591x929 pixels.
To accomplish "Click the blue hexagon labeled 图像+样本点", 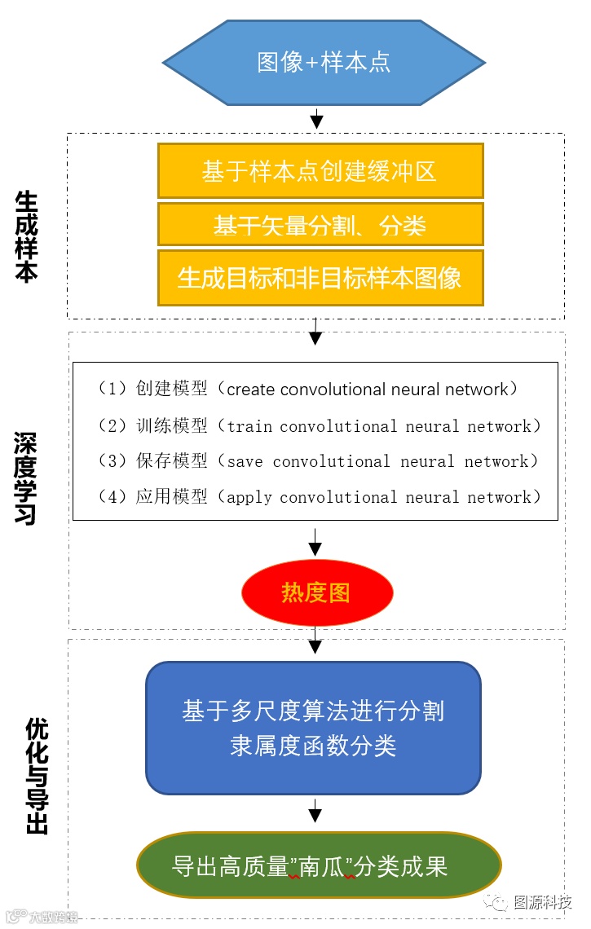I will click(x=324, y=63).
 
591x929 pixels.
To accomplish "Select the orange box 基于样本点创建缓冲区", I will click(x=320, y=171).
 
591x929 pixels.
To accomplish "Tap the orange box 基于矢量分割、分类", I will click(x=320, y=225).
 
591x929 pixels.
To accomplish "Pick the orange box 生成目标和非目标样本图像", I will click(x=320, y=278).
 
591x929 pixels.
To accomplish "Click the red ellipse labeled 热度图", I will click(x=316, y=592).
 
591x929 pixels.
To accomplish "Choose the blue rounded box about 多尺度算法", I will click(x=313, y=728).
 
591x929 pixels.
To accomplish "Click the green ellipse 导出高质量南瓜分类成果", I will click(x=318, y=865).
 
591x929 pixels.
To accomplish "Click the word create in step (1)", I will click(x=250, y=390).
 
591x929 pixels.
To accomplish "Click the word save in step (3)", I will click(x=245, y=461).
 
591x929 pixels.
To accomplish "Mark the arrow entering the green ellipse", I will click(x=316, y=812).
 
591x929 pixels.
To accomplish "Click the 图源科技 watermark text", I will click(x=542, y=903).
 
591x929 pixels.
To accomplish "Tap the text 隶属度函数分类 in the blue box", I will click(x=313, y=746).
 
